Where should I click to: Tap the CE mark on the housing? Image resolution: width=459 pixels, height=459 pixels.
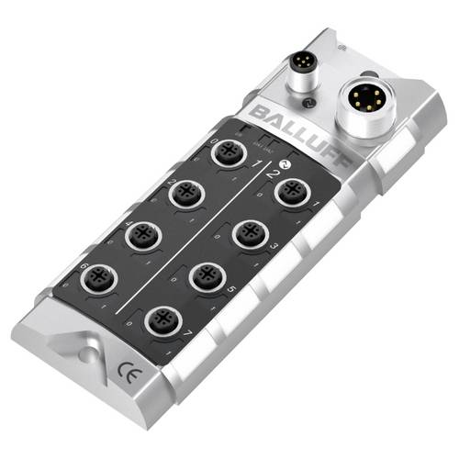click(126, 373)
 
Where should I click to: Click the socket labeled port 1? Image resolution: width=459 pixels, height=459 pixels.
click(292, 195)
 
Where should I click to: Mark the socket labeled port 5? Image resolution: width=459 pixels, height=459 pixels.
click(208, 275)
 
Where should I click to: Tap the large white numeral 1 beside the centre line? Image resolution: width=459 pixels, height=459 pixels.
click(259, 165)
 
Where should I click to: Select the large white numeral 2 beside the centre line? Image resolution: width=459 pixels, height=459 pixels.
click(272, 171)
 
